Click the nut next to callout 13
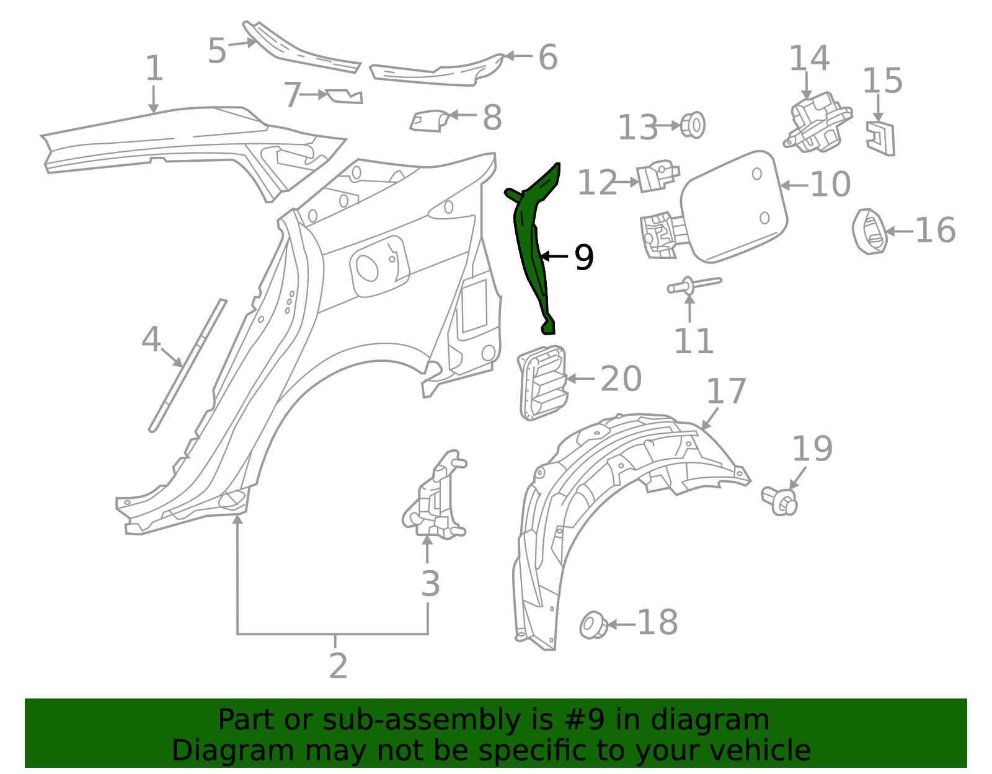(x=693, y=125)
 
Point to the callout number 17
(x=726, y=392)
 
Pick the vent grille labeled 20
(x=541, y=382)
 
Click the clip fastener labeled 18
(x=593, y=625)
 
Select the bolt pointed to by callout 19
(x=781, y=501)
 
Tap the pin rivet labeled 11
(x=693, y=285)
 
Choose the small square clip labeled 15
(x=880, y=138)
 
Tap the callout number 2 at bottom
(x=338, y=666)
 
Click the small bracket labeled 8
(x=428, y=120)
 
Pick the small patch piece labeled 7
(x=345, y=96)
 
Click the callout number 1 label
(x=154, y=68)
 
